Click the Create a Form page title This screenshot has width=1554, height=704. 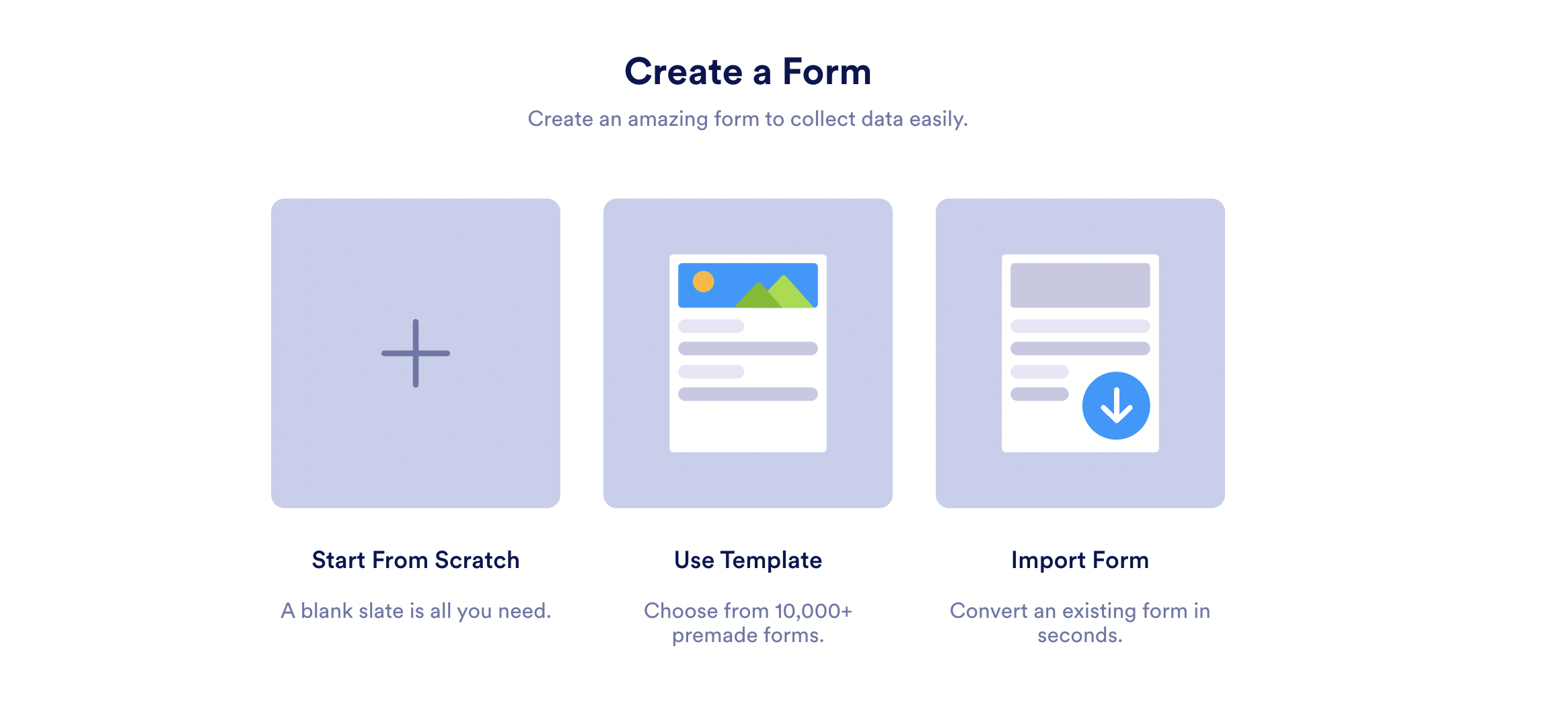click(x=747, y=71)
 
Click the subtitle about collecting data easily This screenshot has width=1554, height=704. click(x=747, y=119)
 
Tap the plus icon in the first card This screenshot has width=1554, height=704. click(x=416, y=353)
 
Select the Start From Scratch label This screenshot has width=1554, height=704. click(x=416, y=560)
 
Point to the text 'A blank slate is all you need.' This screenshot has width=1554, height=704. click(x=416, y=611)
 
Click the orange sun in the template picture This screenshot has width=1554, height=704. click(x=703, y=281)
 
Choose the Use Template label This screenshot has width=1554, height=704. click(x=748, y=560)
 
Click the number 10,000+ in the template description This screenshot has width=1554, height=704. click(x=813, y=611)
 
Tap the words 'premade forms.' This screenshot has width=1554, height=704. click(x=748, y=635)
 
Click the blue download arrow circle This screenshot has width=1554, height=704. click(x=1116, y=406)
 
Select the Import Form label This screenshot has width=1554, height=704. click(x=1080, y=560)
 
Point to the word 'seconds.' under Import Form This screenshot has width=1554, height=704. click(x=1080, y=635)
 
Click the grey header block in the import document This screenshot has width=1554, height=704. click(x=1080, y=285)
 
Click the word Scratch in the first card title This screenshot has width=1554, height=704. click(x=477, y=560)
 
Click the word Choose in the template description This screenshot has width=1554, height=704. click(x=681, y=611)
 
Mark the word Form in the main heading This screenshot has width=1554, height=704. click(x=827, y=71)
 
